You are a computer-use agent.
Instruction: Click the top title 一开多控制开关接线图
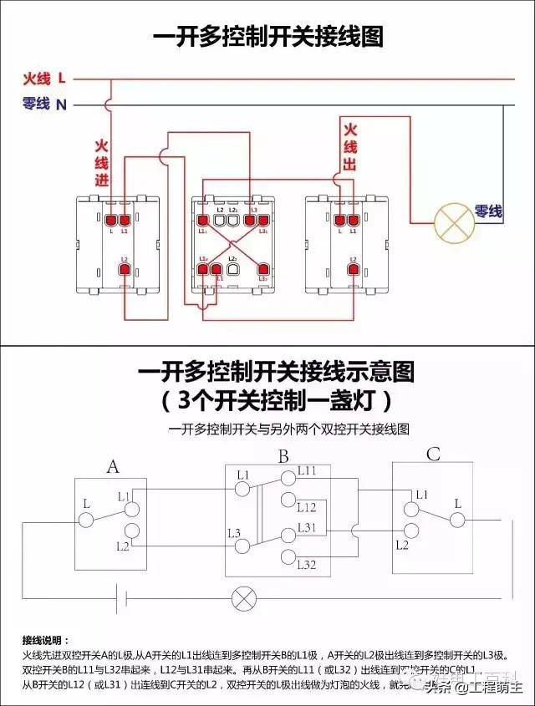pyautogui.click(x=267, y=38)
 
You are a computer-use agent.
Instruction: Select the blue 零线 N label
pyautogui.click(x=44, y=104)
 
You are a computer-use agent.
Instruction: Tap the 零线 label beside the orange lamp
pyautogui.click(x=489, y=212)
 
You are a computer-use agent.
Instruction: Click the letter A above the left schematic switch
pyautogui.click(x=113, y=466)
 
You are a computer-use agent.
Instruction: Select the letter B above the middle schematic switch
pyautogui.click(x=283, y=457)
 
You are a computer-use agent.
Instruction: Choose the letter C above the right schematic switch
pyautogui.click(x=433, y=455)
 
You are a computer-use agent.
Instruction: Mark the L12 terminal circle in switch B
pyautogui.click(x=288, y=500)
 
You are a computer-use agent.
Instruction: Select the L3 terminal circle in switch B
pyautogui.click(x=242, y=546)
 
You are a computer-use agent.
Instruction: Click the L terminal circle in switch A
pyautogui.click(x=86, y=520)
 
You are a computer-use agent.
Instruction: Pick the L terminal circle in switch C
pyautogui.click(x=456, y=520)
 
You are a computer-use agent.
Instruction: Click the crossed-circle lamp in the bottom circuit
pyautogui.click(x=243, y=598)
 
